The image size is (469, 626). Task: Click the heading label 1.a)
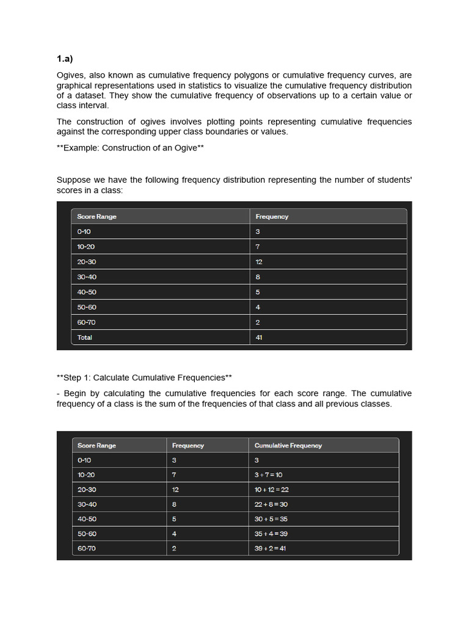tap(65, 59)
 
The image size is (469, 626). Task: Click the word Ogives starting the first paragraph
tap(71, 75)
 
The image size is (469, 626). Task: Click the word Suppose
tap(75, 180)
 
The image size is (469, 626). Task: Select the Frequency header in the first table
tap(272, 216)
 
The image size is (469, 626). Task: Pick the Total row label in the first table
tap(85, 337)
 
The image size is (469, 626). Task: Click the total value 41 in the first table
tap(259, 337)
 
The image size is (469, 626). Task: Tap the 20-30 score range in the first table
tap(87, 262)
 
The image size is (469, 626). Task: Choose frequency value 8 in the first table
tap(258, 277)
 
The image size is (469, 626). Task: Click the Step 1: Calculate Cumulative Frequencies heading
tap(144, 377)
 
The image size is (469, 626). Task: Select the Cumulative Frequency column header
tap(288, 446)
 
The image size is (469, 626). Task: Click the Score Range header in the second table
tap(96, 446)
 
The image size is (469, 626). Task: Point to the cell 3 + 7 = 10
tap(268, 475)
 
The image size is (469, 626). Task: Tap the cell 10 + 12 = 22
tap(271, 490)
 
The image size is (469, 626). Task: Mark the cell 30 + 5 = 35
tap(271, 519)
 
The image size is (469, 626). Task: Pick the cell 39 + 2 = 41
tap(269, 548)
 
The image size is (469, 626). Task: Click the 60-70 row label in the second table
tap(87, 548)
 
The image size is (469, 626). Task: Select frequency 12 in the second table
tap(175, 490)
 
